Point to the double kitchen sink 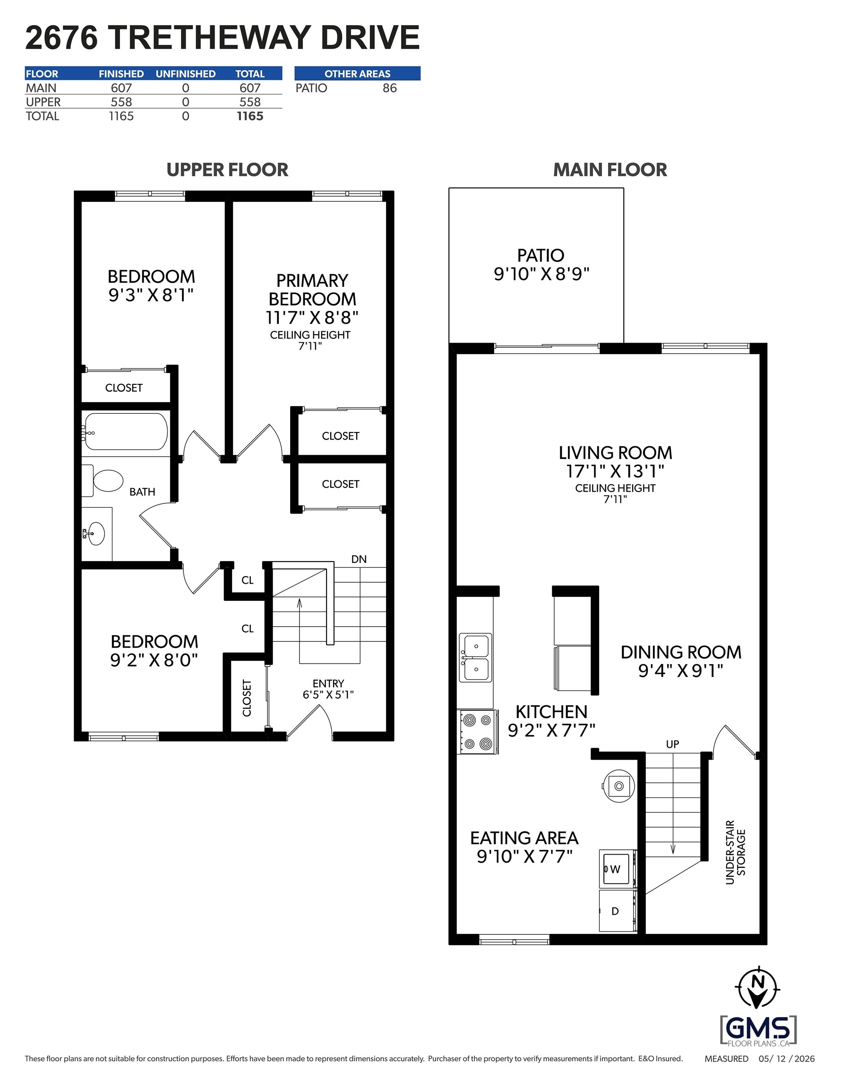[475, 657]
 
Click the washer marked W [617, 869]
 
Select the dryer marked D [617, 911]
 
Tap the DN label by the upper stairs [359, 560]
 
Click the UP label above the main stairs [672, 744]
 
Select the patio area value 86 [390, 88]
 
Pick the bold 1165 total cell [250, 116]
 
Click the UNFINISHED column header [186, 74]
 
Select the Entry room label [328, 683]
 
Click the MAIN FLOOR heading [610, 170]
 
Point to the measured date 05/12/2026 [787, 1059]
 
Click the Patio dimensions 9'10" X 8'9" [541, 274]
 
